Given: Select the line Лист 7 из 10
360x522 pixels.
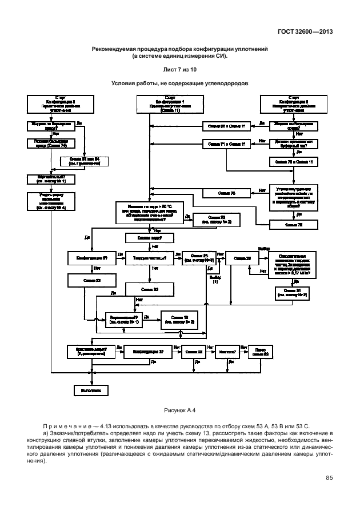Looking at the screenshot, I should coord(179,69).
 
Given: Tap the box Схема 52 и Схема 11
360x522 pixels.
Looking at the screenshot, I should coord(226,125).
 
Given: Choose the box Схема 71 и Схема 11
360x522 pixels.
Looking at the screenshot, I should coord(226,144).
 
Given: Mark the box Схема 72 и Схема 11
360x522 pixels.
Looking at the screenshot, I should coord(295,162).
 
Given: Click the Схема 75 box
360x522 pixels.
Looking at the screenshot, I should coord(226,193).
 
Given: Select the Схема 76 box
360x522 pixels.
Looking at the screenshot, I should coord(295,225).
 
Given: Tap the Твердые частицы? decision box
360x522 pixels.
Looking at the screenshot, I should coord(150,258).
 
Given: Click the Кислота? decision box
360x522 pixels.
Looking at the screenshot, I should coord(229,352).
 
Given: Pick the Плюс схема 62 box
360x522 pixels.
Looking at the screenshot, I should coord(261,352).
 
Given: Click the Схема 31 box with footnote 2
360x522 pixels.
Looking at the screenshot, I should coord(295,293).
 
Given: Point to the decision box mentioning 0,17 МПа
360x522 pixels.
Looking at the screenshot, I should coord(295,258).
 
